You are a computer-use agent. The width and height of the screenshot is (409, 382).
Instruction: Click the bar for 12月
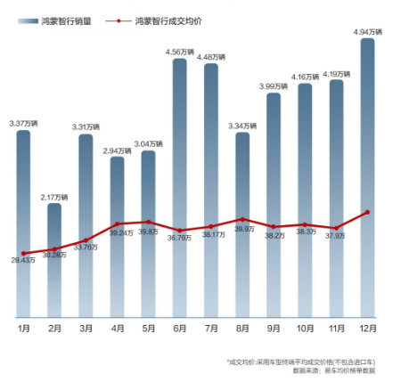[367, 178]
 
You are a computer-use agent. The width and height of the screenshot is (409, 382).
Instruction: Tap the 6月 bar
[179, 188]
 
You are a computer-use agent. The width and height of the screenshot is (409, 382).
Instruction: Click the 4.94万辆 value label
[367, 32]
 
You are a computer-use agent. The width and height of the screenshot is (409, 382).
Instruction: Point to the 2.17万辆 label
[54, 197]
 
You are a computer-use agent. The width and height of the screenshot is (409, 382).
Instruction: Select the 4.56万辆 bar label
[179, 53]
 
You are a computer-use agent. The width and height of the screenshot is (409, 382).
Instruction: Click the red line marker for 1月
[24, 254]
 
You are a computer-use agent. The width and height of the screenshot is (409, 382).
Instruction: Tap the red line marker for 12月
[367, 212]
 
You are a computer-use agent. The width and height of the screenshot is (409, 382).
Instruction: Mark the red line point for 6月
[179, 231]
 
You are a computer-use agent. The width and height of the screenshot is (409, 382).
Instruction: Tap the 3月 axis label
[86, 328]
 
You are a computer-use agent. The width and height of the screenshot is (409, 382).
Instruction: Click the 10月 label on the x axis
[305, 328]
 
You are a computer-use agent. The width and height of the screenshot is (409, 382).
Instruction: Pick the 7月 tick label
[211, 328]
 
